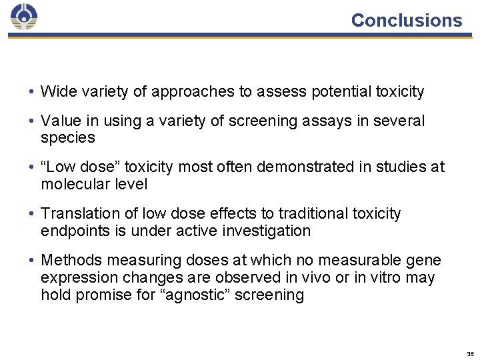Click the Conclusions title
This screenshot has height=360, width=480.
pyautogui.click(x=406, y=20)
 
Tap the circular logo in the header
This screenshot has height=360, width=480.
pyautogui.click(x=24, y=17)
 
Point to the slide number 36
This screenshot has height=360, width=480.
pyautogui.click(x=471, y=354)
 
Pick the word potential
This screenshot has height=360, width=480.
pyautogui.click(x=339, y=92)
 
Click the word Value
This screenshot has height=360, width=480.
pyautogui.click(x=59, y=121)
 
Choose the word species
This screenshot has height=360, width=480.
pyautogui.click(x=67, y=138)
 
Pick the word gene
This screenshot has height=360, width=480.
pyautogui.click(x=427, y=261)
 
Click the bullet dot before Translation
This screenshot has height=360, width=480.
pyautogui.click(x=32, y=214)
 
